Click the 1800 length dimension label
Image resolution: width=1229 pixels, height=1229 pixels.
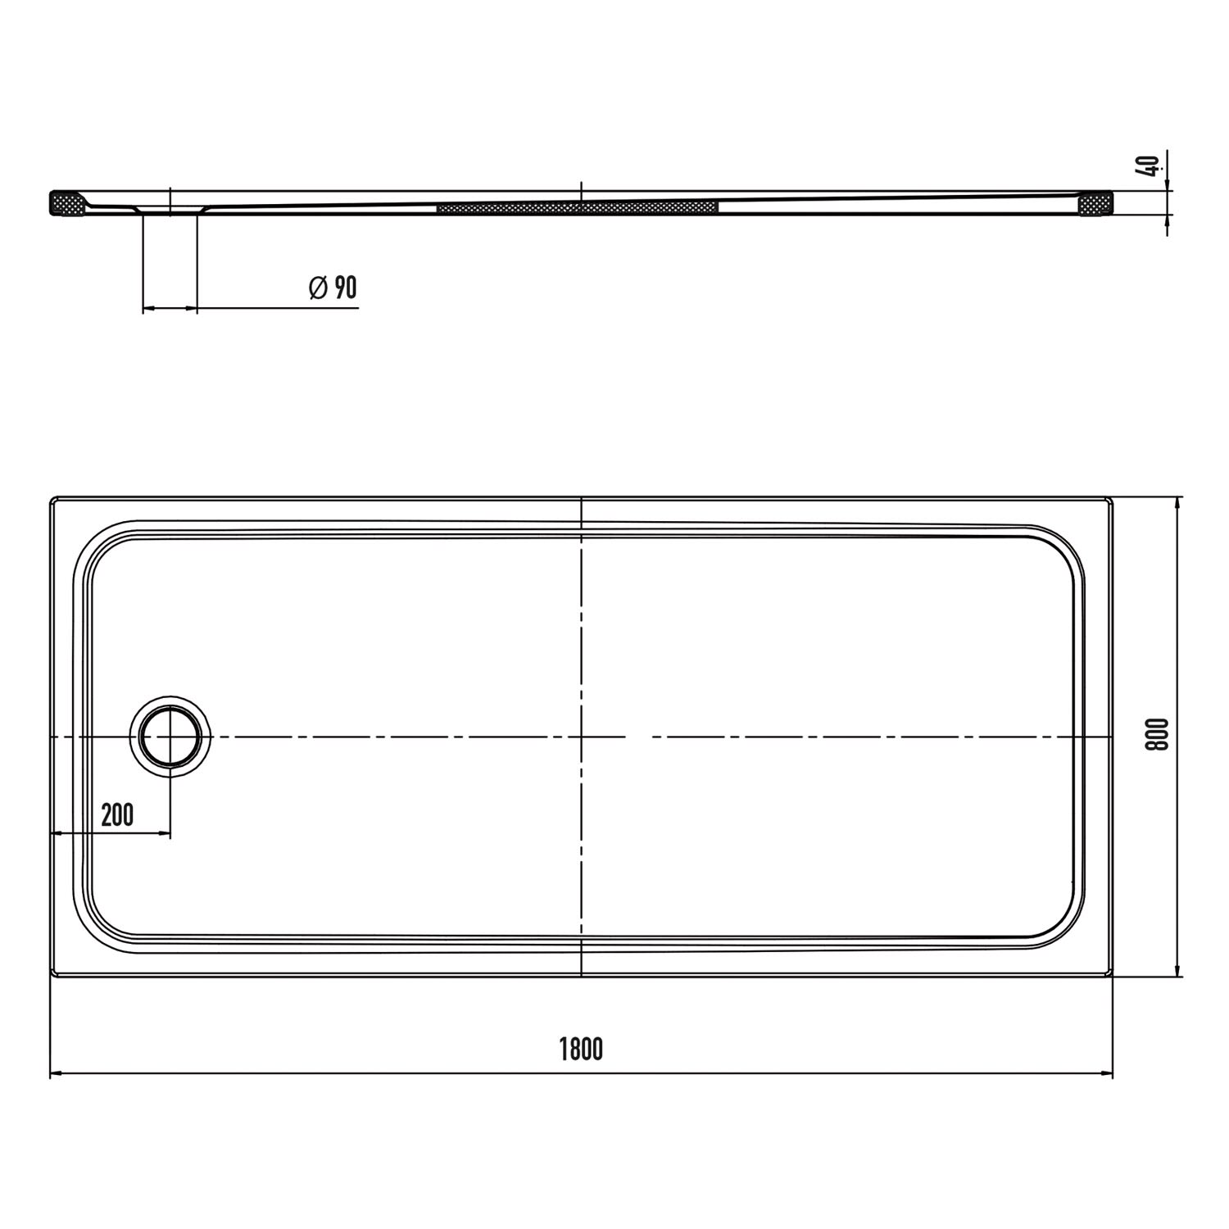[581, 1049]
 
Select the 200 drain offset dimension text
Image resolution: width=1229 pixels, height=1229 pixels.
[117, 815]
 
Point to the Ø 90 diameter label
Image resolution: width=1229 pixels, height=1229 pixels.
[333, 288]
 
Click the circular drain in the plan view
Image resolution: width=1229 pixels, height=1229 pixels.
[170, 737]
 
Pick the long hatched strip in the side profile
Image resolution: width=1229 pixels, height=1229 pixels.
[578, 206]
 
